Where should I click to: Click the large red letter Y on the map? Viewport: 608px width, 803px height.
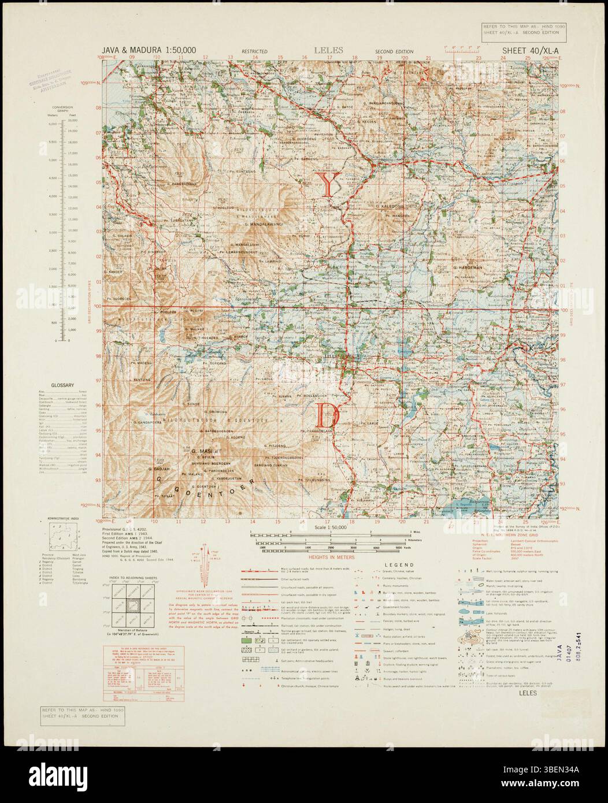tap(328, 185)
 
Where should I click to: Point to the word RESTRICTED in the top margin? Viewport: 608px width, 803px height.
tap(255, 52)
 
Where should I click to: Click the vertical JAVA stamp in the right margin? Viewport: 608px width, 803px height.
tap(558, 660)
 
